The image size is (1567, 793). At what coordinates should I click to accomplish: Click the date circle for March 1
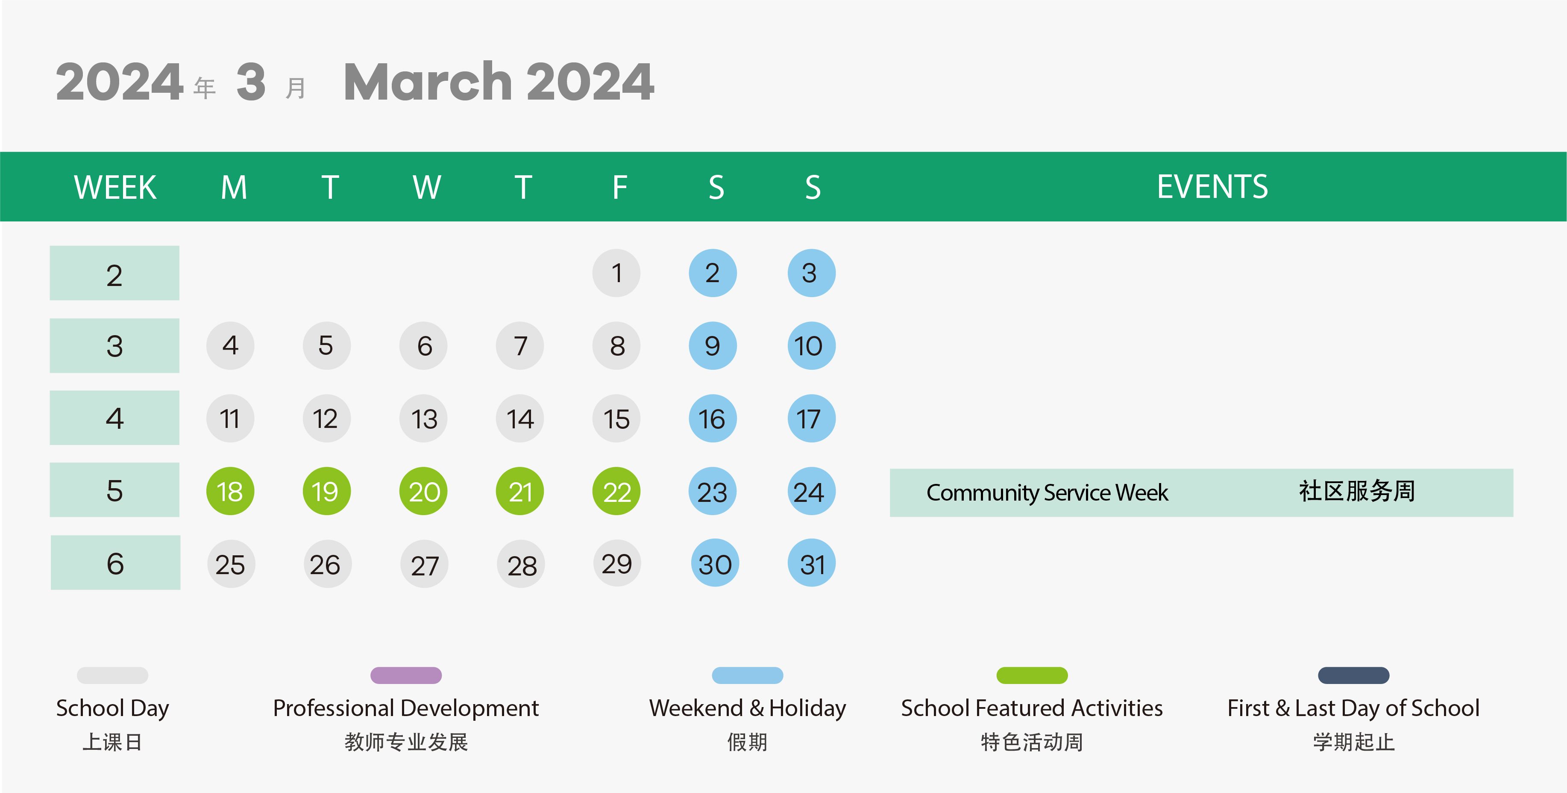616,273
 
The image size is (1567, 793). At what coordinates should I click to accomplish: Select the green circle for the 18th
230,491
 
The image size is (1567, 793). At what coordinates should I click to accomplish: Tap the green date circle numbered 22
616,491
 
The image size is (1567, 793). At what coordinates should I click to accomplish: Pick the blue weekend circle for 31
812,563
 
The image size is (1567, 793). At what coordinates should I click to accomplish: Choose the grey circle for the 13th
423,418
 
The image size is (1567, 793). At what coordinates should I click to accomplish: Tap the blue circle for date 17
812,418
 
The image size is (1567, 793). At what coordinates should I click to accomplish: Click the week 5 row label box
114,490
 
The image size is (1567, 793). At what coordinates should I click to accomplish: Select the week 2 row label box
114,273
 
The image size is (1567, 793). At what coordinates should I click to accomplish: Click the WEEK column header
115,187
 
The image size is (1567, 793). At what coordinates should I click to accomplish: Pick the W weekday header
426,187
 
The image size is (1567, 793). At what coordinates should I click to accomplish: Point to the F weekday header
619,187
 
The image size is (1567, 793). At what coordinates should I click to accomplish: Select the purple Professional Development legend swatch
406,675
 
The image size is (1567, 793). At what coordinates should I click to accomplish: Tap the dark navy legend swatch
1353,675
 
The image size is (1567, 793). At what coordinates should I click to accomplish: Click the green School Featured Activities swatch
1032,675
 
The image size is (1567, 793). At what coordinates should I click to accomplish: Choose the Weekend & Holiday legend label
748,708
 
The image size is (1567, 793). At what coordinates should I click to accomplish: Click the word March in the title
428,82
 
